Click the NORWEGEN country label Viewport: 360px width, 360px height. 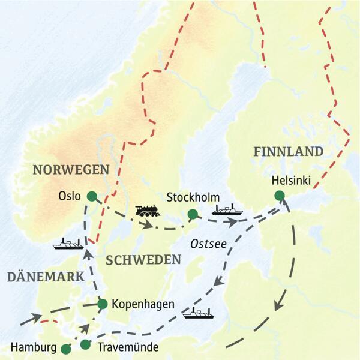tap(70, 169)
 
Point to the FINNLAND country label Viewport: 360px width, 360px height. tap(288, 151)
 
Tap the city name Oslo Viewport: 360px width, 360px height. tap(70, 196)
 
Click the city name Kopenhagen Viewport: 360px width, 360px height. tap(142, 304)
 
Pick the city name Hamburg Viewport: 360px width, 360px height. tap(34, 347)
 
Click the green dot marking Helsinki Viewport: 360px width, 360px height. tap(279, 195)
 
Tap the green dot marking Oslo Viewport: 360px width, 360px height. tap(91, 196)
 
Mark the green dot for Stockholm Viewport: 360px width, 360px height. tap(192, 214)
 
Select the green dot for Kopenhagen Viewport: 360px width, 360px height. tap(102, 304)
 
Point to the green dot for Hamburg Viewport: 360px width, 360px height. tap(66, 347)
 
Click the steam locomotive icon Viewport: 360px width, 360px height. tap(148, 211)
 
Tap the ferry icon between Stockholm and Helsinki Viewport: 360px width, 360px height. tap(227, 209)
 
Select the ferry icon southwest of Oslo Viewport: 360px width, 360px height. tap(68, 243)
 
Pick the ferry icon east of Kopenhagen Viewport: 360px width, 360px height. tap(198, 313)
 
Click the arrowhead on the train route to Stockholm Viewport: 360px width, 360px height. tap(147, 225)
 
